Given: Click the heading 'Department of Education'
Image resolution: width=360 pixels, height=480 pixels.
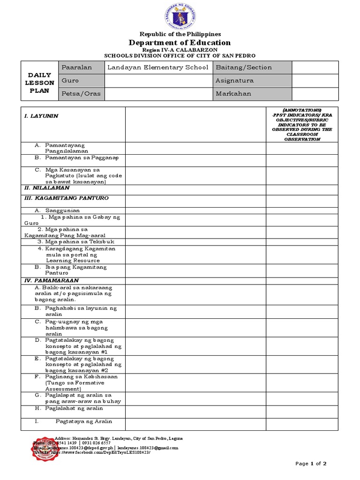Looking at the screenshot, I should [180, 43].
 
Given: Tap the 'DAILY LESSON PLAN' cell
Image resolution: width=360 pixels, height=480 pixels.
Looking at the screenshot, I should [39, 83].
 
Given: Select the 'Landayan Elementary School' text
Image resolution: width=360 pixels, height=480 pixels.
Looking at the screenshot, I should [158, 67].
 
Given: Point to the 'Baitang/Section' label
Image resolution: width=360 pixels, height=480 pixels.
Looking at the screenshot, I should [243, 67].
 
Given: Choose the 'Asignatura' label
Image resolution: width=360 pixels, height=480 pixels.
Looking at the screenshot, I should [234, 81].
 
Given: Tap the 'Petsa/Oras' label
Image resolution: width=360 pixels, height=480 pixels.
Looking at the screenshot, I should [77, 94].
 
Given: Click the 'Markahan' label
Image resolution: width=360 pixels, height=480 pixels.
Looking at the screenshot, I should [233, 94].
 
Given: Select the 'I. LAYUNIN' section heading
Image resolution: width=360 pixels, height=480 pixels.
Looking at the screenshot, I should [41, 116].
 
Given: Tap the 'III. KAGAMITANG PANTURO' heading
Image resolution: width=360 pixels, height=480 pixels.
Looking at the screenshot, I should [66, 198].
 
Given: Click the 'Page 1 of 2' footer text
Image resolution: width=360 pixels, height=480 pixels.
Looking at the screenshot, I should [310, 464].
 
